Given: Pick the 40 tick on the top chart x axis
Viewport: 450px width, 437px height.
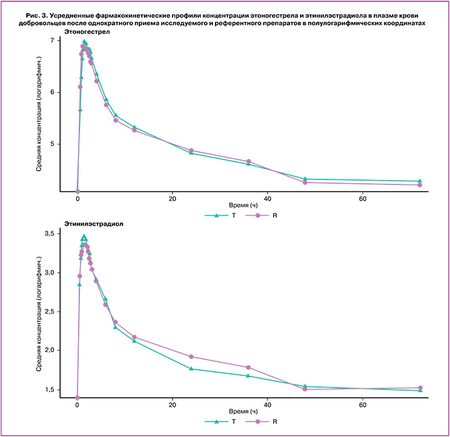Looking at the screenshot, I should (x=267, y=199).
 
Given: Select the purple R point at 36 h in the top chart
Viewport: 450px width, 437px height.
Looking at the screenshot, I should (x=249, y=161).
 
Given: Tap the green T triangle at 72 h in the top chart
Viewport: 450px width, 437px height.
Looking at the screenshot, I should (x=419, y=181).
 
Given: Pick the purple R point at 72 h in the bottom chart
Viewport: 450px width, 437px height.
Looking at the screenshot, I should (x=419, y=388).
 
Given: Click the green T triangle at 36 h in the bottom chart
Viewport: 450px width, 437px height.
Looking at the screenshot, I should (x=249, y=376).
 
